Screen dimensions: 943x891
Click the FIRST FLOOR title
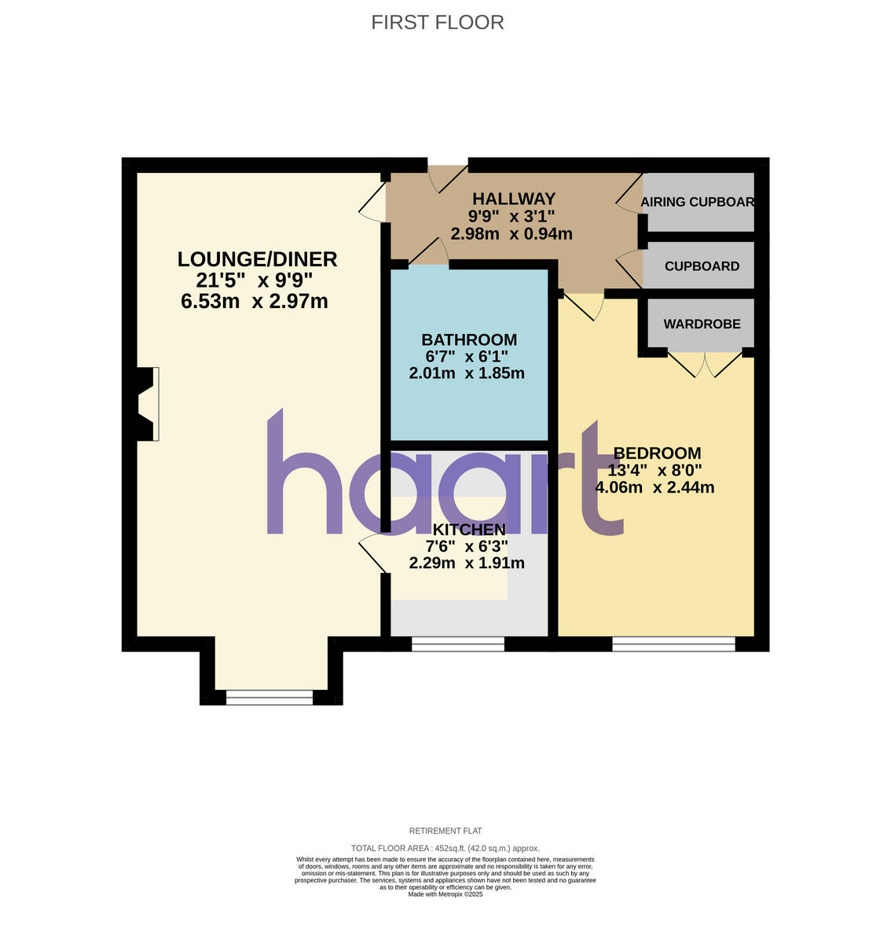click(438, 22)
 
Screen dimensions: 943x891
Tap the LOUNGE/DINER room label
click(257, 259)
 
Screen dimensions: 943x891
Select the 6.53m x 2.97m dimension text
click(254, 301)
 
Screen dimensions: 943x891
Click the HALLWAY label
click(514, 199)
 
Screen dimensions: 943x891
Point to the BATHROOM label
click(469, 339)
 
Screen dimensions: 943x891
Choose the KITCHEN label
click(469, 529)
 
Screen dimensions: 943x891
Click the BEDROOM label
click(657, 453)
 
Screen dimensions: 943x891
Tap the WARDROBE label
click(702, 324)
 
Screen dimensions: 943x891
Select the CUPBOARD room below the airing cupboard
click(702, 266)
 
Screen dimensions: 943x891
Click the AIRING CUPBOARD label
click(698, 202)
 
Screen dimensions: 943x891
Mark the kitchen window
click(458, 644)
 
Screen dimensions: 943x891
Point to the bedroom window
click(673, 644)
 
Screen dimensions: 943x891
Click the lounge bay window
click(269, 697)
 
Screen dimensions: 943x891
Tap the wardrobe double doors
click(705, 363)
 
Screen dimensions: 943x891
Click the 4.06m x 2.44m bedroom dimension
click(654, 487)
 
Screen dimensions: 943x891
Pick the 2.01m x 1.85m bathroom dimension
click(467, 373)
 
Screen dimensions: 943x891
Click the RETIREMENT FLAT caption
click(445, 831)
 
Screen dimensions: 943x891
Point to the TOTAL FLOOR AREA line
click(445, 848)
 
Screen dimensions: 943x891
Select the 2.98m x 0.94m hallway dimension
click(511, 233)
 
